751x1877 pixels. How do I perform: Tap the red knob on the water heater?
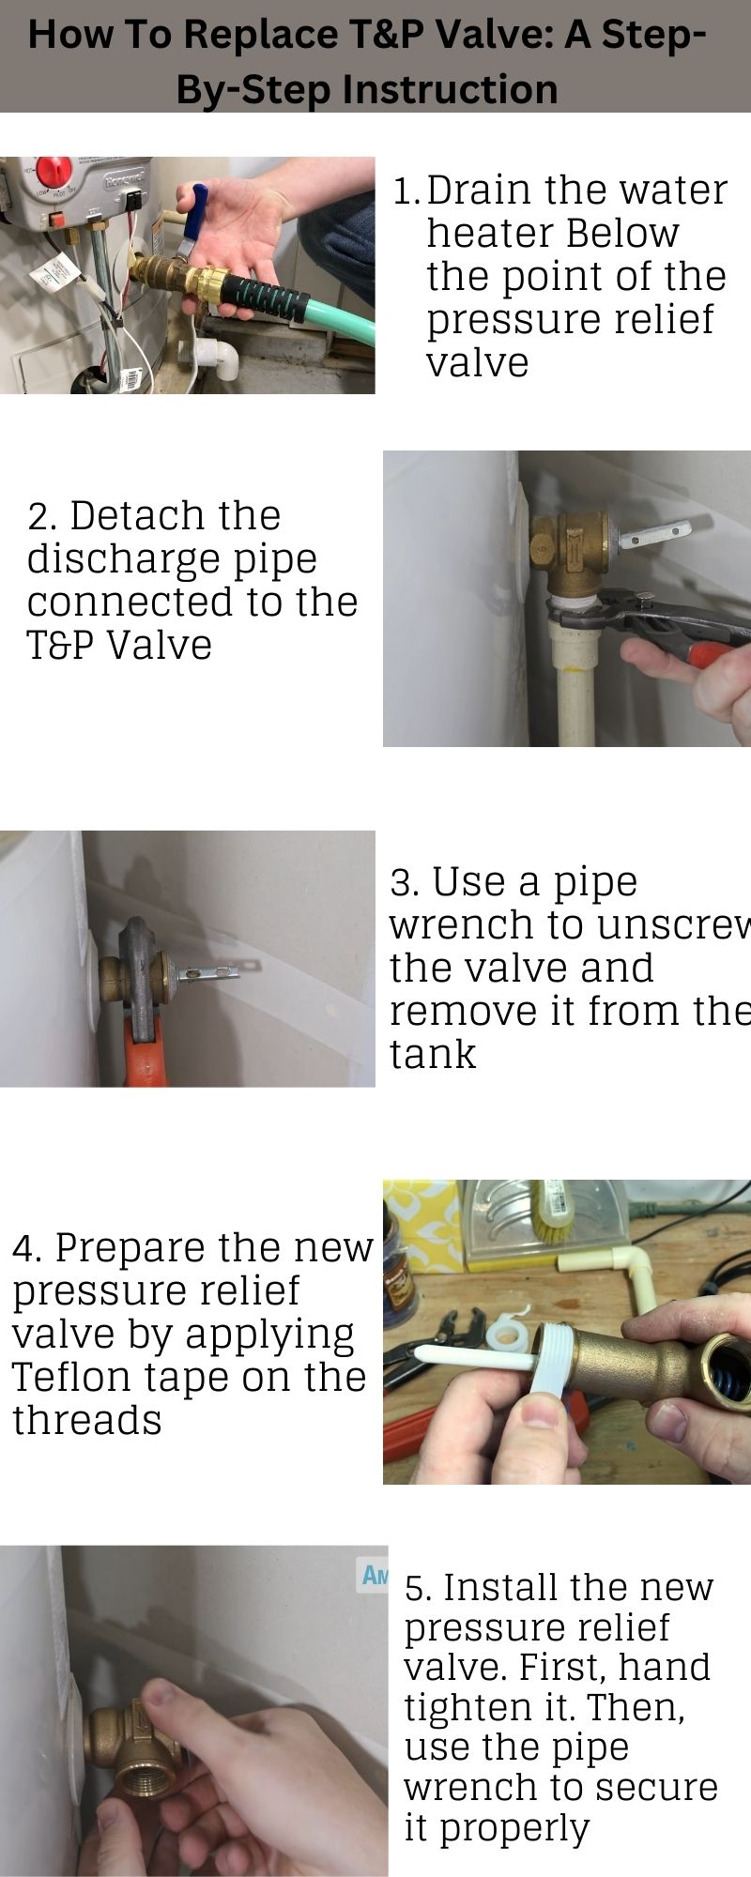coord(55,173)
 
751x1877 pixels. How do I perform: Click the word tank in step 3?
coord(432,1055)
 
